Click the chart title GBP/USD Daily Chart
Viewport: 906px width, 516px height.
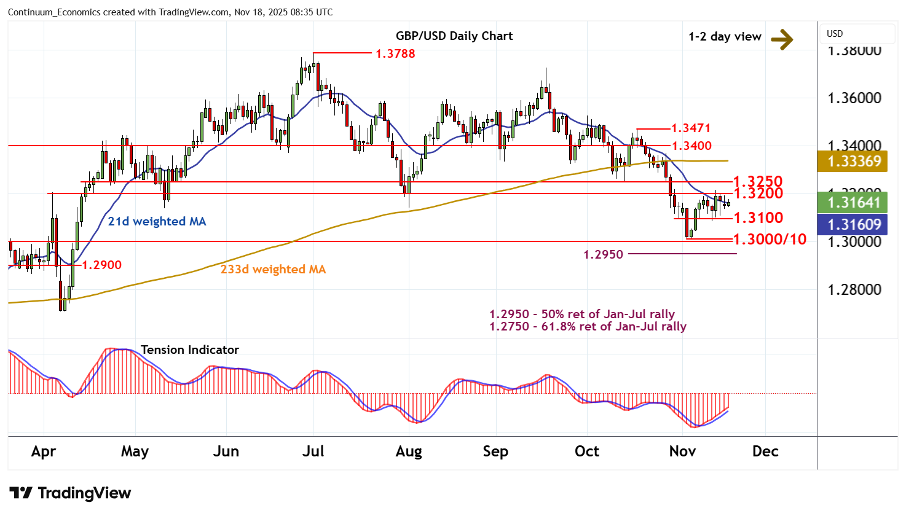pos(454,36)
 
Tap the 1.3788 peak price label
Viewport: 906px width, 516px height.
pos(395,53)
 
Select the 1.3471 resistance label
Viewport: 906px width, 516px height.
pos(691,128)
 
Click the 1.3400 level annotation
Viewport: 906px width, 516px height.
pos(691,146)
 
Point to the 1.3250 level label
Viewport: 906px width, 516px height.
pos(758,181)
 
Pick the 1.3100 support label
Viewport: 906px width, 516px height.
pos(758,217)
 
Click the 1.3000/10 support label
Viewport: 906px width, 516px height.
pos(770,239)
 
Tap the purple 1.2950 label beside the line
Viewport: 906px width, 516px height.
pos(603,254)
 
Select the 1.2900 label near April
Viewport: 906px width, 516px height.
pos(102,265)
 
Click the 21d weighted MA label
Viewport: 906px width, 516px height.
pos(157,221)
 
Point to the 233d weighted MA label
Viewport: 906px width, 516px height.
pos(273,269)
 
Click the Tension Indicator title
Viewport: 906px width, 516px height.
pos(190,350)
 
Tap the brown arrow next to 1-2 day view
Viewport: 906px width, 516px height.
pos(782,39)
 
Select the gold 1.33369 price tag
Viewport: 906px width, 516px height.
pos(854,161)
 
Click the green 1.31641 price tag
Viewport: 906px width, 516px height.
pos(854,202)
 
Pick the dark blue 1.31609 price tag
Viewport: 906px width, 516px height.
pos(854,224)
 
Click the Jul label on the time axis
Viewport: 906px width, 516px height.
pos(313,451)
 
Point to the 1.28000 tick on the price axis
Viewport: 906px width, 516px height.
pos(854,289)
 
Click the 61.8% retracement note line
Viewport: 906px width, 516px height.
pos(588,327)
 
